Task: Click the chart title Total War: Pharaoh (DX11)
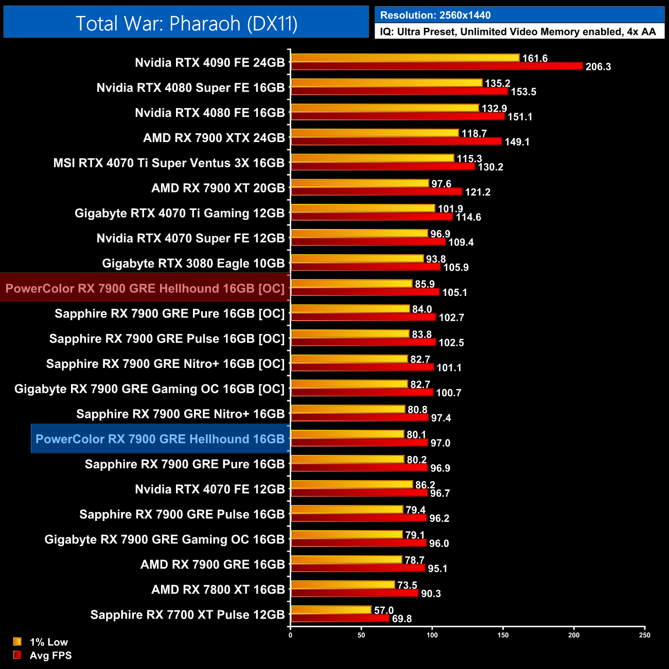click(x=186, y=24)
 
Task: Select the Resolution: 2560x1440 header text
click(x=435, y=15)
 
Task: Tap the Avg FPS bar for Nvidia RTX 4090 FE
click(x=436, y=66)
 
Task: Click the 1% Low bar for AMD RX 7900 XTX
click(x=375, y=133)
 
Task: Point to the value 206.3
click(x=598, y=67)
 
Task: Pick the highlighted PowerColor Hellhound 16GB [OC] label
click(x=145, y=288)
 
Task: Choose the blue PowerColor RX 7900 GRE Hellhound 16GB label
click(x=160, y=439)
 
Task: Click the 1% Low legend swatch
click(x=17, y=642)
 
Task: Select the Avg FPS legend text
click(x=50, y=656)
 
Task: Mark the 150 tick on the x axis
click(x=503, y=635)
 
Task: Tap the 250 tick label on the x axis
click(x=644, y=635)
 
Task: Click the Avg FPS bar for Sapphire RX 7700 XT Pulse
click(x=340, y=618)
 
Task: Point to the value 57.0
click(x=383, y=610)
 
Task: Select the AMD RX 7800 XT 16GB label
click(x=218, y=590)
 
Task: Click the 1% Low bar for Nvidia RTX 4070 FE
click(x=352, y=484)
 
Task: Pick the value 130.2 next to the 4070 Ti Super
click(x=490, y=167)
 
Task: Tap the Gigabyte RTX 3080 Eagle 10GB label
click(x=193, y=263)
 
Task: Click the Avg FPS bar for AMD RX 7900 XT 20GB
click(x=377, y=191)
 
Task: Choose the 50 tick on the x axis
click(x=361, y=635)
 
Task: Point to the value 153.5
click(x=523, y=92)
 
